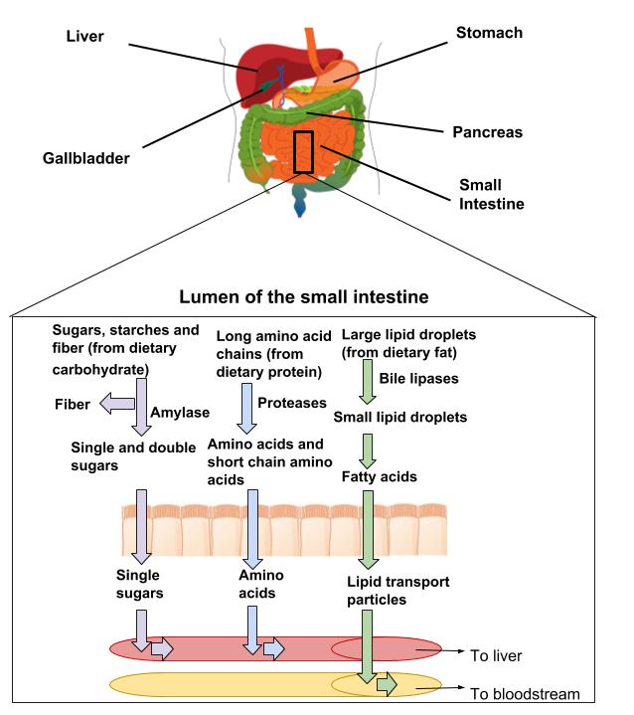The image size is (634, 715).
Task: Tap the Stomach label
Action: pos(488,33)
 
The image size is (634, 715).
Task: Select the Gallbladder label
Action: pos(86,157)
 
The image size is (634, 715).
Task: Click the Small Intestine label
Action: pos(491,194)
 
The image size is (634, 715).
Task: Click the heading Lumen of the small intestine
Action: pos(304,296)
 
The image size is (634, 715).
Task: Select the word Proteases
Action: pos(292,402)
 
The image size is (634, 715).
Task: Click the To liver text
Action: pos(495,655)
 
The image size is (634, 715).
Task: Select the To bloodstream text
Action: pos(524,694)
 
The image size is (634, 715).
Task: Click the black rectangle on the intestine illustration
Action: pos(303,152)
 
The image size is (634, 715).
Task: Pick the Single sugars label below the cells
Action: pos(138,584)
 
